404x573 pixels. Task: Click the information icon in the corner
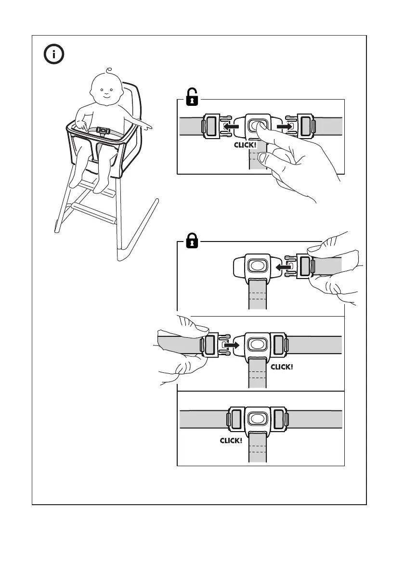(54, 54)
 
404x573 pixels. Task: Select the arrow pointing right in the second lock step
(232, 345)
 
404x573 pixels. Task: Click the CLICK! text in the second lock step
(282, 367)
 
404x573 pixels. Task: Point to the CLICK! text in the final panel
(231, 440)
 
